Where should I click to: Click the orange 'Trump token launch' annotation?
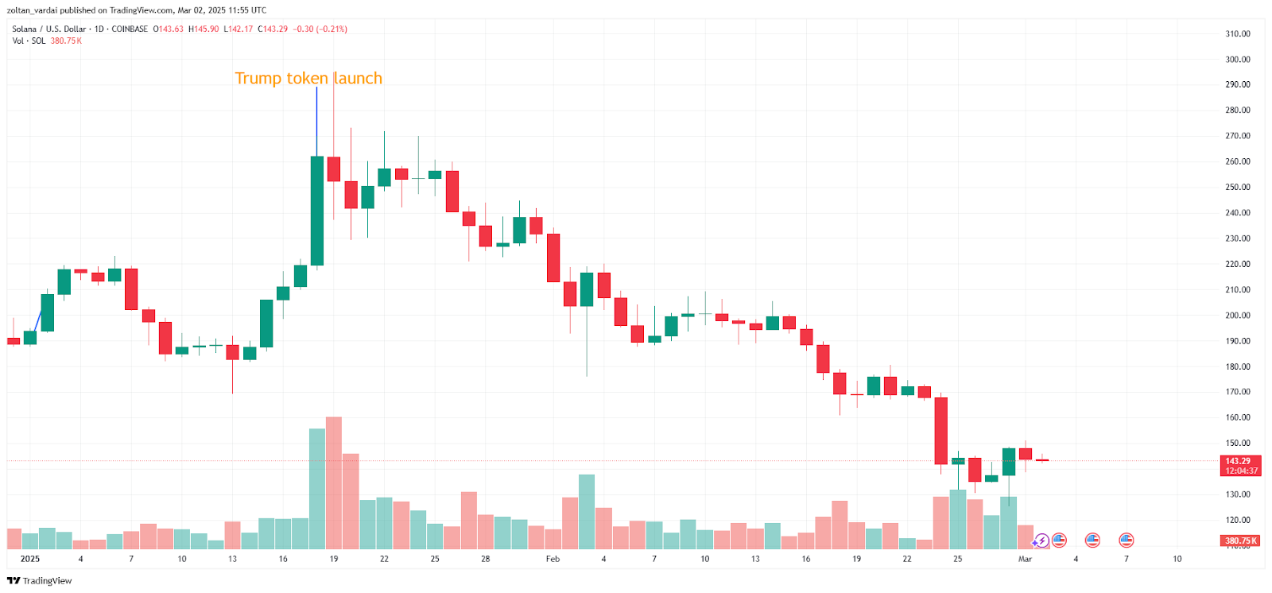point(308,78)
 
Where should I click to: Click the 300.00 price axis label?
point(1237,60)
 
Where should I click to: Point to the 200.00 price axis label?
point(1237,316)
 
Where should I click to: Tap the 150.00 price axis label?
point(1237,444)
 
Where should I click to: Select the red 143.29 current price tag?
point(1239,461)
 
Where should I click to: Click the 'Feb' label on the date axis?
point(553,559)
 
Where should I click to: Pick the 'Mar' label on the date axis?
point(1025,559)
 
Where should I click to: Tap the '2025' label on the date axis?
point(30,559)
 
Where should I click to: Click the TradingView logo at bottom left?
point(40,581)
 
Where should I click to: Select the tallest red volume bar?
point(334,482)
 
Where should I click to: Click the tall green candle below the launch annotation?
point(317,211)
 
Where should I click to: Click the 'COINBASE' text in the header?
point(130,29)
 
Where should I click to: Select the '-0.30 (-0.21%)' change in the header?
point(320,29)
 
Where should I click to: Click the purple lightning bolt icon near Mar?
point(1041,541)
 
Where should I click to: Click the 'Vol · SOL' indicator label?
point(29,41)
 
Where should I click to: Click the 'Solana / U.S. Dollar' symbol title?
point(48,29)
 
